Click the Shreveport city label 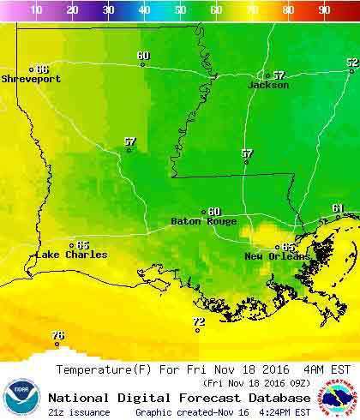click(31, 79)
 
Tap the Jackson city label click(268, 86)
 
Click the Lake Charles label click(71, 255)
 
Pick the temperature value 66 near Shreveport click(42, 69)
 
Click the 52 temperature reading click(351, 62)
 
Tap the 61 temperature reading click(338, 208)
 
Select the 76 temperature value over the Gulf click(57, 335)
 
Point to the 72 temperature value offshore click(199, 321)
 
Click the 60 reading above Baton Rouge click(213, 211)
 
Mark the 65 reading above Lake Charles click(82, 244)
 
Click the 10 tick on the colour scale click(37, 10)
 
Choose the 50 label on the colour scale click(180, 10)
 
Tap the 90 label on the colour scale click(324, 10)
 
